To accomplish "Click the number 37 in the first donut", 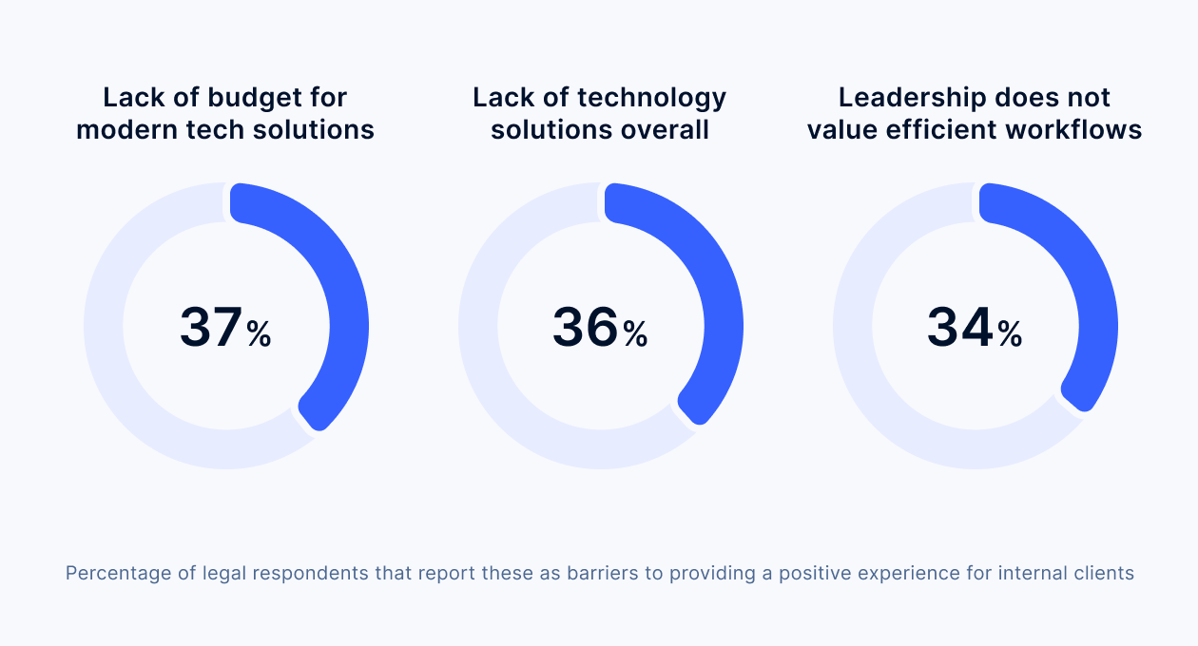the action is point(211,327).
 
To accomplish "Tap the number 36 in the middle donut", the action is point(585,327).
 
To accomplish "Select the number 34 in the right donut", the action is point(959,327).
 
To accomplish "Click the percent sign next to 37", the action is point(259,334).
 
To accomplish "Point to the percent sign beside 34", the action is point(1010,334).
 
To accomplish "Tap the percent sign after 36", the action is point(635,334).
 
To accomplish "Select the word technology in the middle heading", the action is point(651,98).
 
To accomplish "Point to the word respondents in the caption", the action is point(310,575).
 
